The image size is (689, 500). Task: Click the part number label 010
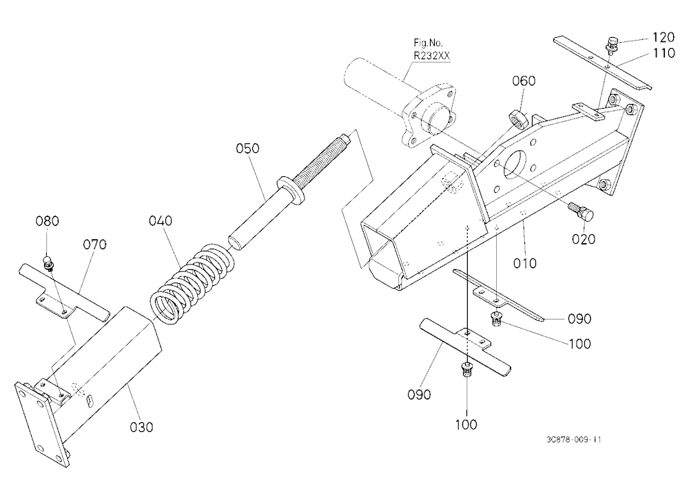524,263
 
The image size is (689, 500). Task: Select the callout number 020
583,239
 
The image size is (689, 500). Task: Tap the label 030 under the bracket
141,426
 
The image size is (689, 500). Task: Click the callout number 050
247,148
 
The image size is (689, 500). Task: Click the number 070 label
95,244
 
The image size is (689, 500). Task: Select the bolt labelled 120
611,43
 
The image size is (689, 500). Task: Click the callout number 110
664,53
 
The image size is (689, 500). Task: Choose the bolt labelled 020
582,211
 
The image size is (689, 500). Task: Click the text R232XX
431,56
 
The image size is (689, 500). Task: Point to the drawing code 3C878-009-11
573,439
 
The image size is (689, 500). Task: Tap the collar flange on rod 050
291,190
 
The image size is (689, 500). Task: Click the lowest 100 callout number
466,424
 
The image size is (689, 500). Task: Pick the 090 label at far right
579,319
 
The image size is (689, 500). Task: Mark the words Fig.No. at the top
428,43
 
